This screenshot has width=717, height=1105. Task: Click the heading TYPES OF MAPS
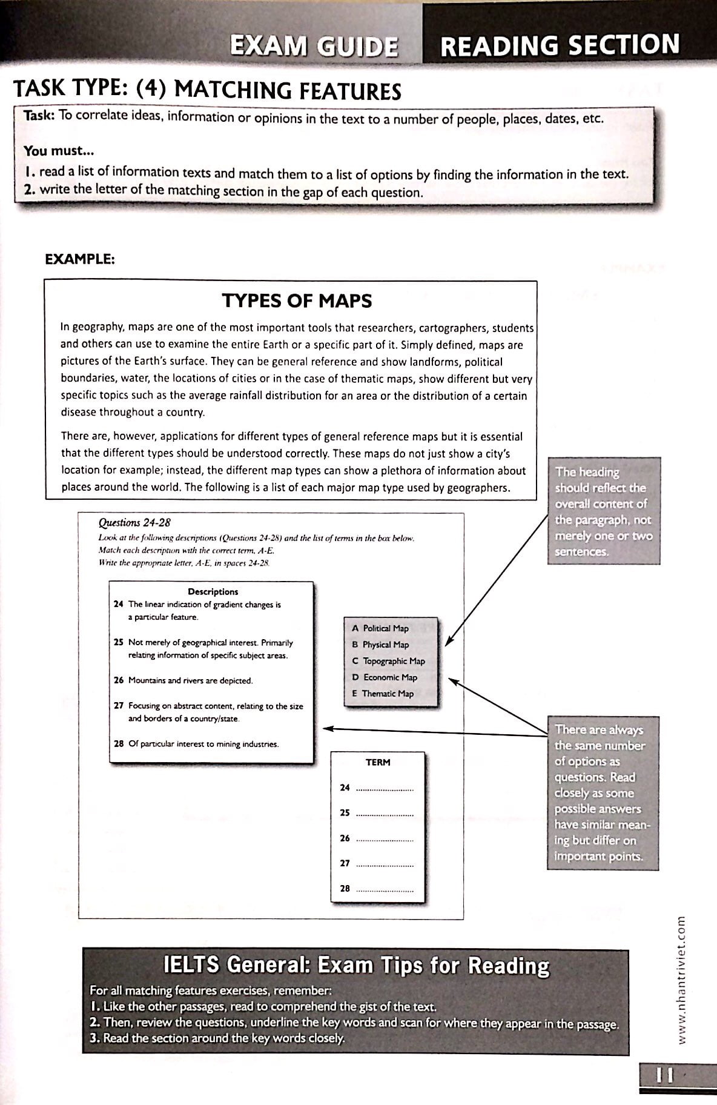tap(297, 300)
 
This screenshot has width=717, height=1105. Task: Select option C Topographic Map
tap(389, 661)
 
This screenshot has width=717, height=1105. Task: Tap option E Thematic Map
tap(383, 694)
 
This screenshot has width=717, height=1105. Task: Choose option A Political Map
tap(380, 628)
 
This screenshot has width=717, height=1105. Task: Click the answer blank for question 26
tap(385, 839)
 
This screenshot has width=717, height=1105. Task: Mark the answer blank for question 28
tap(385, 889)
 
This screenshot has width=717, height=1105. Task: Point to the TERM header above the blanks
tap(378, 762)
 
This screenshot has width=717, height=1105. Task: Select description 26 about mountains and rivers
tap(183, 680)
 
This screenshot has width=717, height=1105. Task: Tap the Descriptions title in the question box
tap(213, 591)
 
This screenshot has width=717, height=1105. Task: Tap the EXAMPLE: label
tap(80, 259)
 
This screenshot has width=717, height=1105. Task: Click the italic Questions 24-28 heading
tap(134, 522)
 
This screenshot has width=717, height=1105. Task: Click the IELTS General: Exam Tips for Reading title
tap(357, 965)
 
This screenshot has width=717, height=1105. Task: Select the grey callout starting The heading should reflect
tap(603, 511)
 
